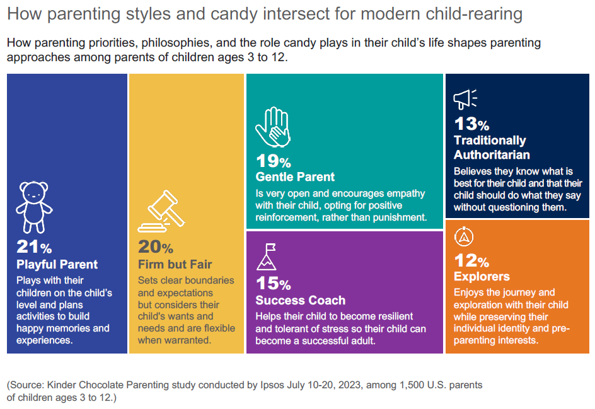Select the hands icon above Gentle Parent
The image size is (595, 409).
[x=272, y=127]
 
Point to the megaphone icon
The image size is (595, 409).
[x=465, y=100]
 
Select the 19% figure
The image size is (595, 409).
[x=273, y=161]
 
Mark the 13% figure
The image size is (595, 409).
[x=471, y=124]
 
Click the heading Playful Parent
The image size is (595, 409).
[x=57, y=264]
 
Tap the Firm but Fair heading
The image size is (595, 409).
[x=175, y=264]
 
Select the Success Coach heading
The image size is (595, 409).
[x=301, y=301]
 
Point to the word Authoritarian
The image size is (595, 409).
[x=492, y=154]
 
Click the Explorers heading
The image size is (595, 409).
[x=482, y=277]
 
